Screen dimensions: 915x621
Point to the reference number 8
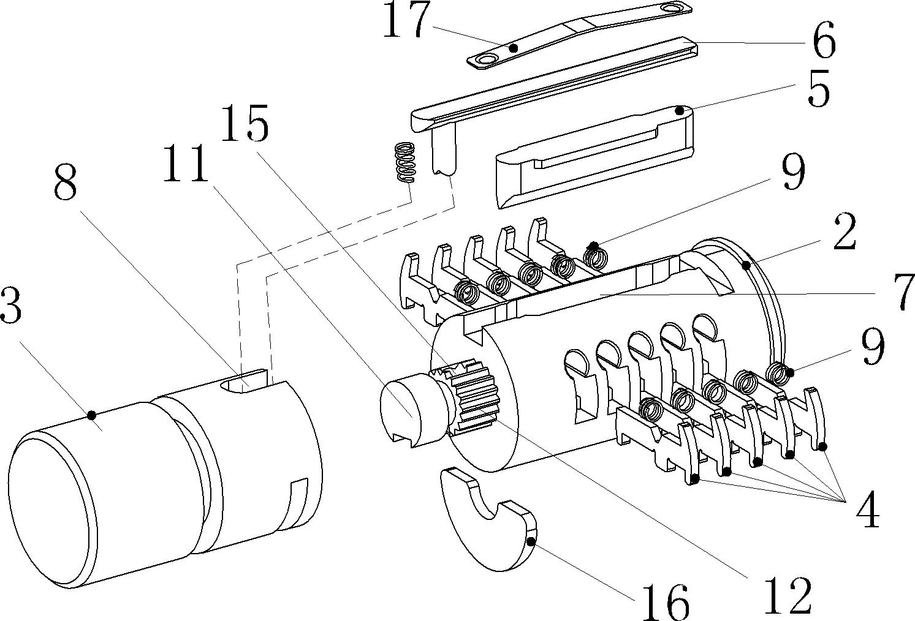click(x=66, y=182)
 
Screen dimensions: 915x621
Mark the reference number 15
click(x=245, y=123)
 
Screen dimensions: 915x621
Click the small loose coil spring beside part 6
click(x=404, y=162)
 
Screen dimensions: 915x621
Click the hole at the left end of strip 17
click(x=486, y=61)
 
